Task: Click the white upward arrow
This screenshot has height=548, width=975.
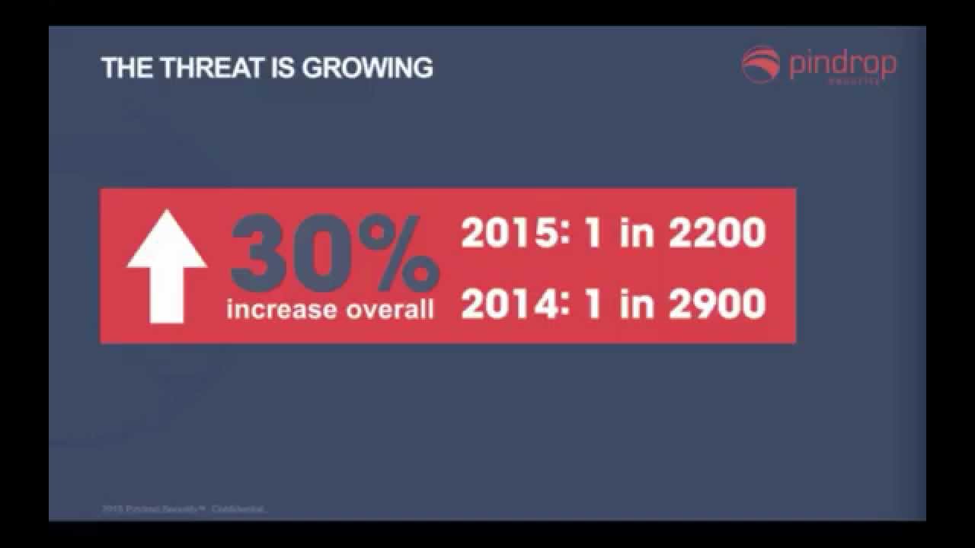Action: (166, 266)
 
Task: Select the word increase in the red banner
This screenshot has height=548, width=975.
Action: (281, 310)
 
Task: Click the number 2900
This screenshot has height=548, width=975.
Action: (717, 304)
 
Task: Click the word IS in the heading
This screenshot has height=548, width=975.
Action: (283, 68)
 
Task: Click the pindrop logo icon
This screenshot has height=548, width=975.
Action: (761, 64)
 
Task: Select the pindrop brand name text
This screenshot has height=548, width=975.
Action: (842, 64)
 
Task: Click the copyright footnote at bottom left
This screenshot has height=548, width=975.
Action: (183, 508)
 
